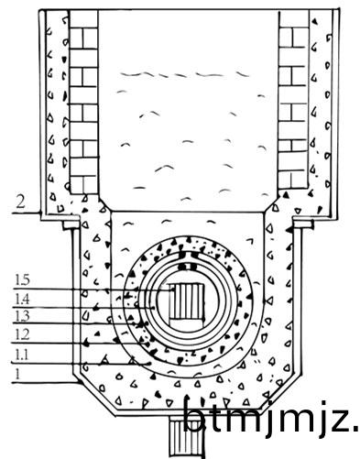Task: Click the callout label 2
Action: pos(20,202)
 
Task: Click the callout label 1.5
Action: pos(22,279)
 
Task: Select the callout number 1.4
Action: pos(22,299)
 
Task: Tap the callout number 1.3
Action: pos(22,316)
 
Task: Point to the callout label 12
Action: pos(22,335)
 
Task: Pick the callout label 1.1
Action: pos(22,355)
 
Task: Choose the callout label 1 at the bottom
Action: pos(18,374)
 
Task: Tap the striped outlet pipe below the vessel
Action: pos(187,438)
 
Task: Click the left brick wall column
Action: pos(83,103)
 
